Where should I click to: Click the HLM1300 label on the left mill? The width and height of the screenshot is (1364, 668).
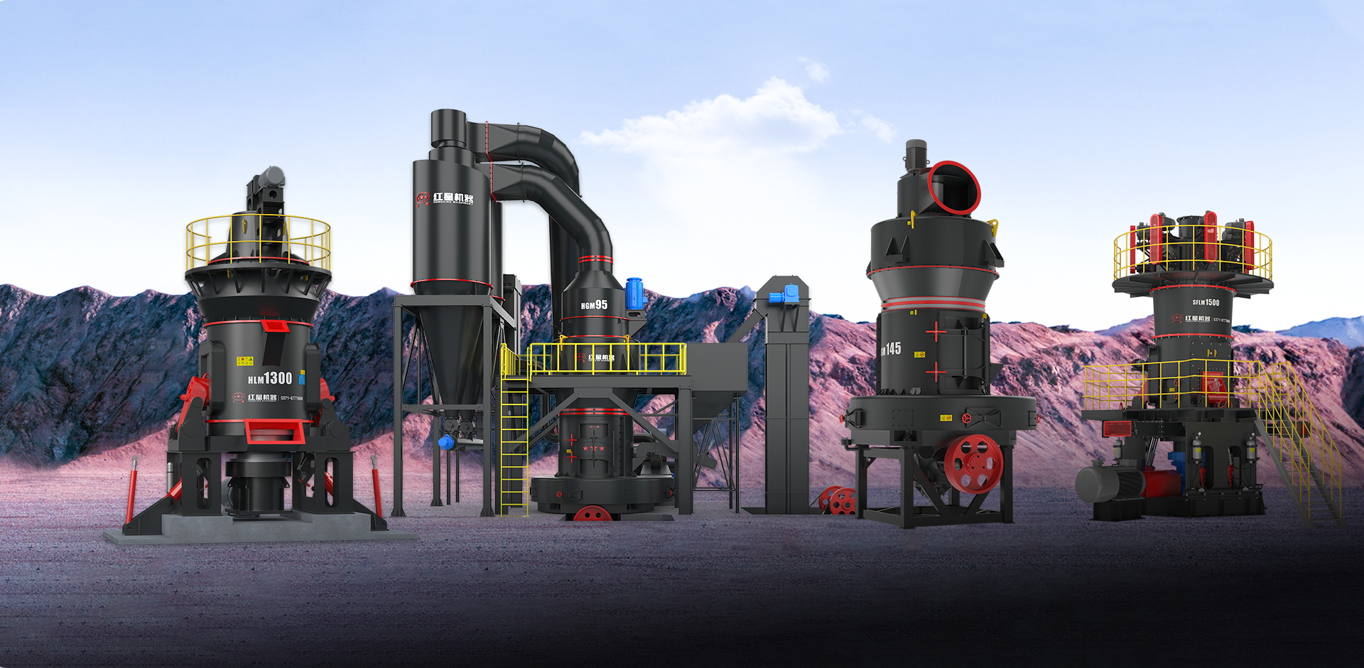click(x=270, y=378)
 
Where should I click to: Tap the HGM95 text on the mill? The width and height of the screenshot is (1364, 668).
click(x=594, y=305)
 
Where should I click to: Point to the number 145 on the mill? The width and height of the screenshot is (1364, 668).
click(x=892, y=349)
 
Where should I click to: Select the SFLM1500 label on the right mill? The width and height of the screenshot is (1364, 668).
click(x=1206, y=303)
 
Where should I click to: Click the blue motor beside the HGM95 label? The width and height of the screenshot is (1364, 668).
click(x=634, y=293)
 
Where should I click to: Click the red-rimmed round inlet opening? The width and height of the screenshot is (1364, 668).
click(x=954, y=188)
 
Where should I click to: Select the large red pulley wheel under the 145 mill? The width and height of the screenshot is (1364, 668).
click(x=973, y=463)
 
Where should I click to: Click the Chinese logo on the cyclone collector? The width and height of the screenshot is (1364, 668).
click(x=445, y=198)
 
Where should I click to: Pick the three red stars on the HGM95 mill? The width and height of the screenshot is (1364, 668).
click(x=593, y=448)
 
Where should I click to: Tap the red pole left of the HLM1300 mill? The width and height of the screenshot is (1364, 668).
click(x=131, y=490)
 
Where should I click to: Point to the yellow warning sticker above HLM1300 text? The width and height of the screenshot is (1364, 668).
click(x=245, y=361)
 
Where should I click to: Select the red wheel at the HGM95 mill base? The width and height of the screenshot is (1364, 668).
click(x=592, y=513)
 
